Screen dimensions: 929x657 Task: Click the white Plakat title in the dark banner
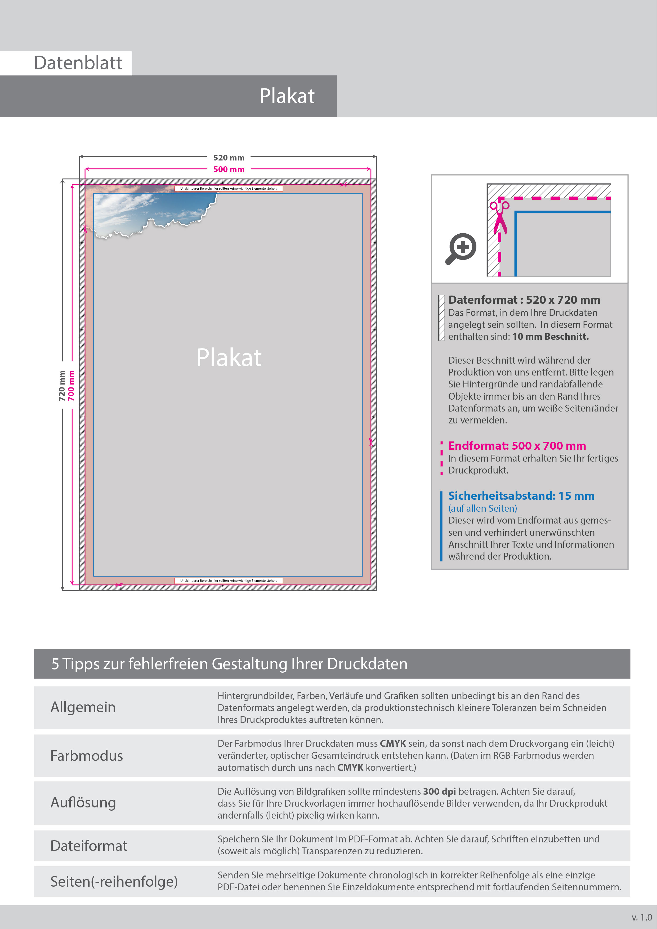[287, 96]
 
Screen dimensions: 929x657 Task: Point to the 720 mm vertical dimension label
[62, 386]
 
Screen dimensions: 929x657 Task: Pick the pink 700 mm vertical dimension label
[71, 386]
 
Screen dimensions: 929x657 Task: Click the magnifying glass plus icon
[461, 248]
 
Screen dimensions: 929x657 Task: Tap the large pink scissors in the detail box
[500, 217]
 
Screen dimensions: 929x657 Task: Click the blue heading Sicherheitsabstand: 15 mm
[521, 496]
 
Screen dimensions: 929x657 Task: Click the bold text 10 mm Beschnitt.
[550, 337]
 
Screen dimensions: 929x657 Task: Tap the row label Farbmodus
[87, 756]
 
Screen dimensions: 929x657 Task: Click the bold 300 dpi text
[439, 792]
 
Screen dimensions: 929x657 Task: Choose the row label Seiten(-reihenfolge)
[114, 881]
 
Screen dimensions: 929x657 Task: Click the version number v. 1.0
[641, 917]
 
